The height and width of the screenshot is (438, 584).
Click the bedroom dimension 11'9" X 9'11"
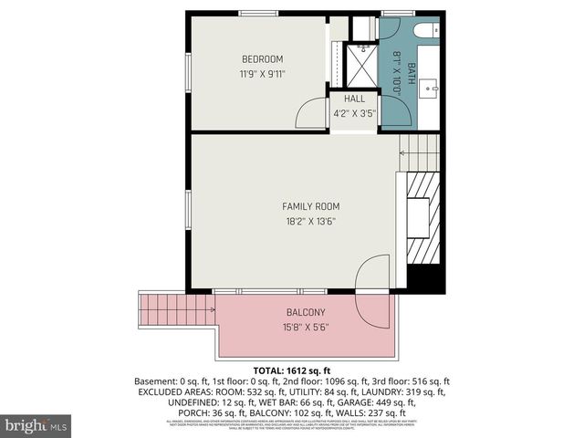tap(256, 74)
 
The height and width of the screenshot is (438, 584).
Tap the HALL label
tap(354, 99)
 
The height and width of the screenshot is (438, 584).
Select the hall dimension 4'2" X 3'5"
tap(354, 114)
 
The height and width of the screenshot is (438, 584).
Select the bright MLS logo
tap(36, 425)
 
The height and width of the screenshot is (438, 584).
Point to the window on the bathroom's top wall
tap(398, 13)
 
